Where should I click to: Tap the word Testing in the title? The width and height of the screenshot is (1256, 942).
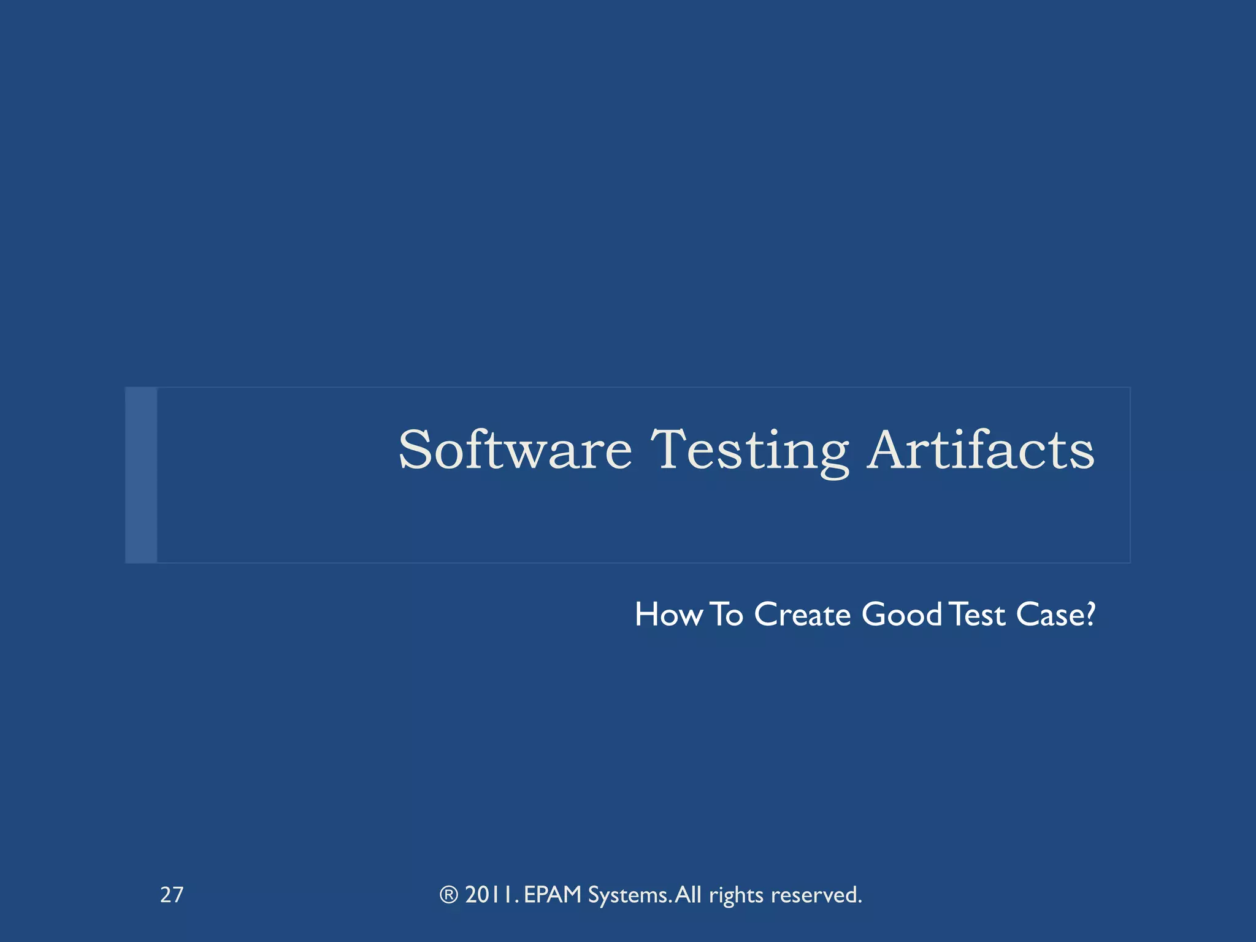(x=749, y=451)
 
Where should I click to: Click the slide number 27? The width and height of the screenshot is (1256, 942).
(x=172, y=895)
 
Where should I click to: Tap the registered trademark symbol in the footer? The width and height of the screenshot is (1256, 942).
(x=449, y=895)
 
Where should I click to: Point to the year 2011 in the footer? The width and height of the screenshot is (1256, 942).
(x=491, y=895)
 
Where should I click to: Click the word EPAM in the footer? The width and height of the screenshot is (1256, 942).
(x=553, y=895)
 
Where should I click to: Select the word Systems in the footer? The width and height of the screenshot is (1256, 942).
(x=629, y=895)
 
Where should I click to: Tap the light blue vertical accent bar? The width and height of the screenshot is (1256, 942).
(x=141, y=475)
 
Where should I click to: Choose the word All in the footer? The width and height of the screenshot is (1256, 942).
(x=688, y=895)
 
